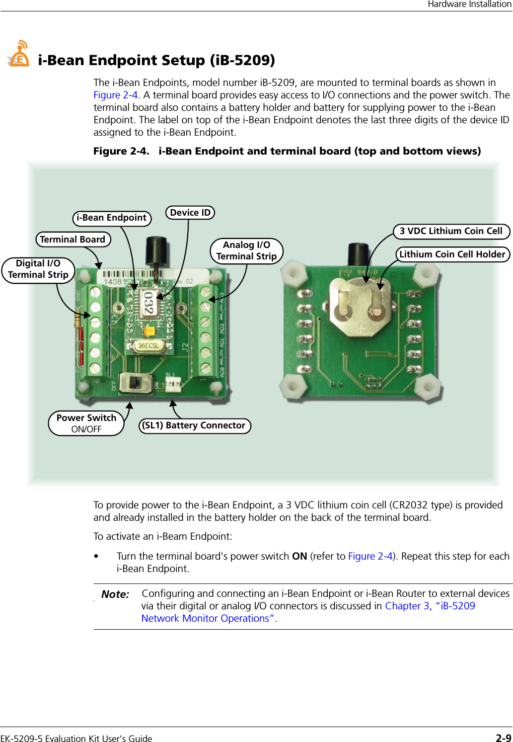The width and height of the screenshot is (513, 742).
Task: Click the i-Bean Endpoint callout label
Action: tap(112, 218)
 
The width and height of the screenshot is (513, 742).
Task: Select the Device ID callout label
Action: tap(190, 213)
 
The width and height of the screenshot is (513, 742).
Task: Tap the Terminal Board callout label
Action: tap(73, 240)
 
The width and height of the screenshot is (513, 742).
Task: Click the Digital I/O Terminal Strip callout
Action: tap(38, 269)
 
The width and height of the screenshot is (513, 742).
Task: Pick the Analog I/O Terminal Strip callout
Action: tap(246, 251)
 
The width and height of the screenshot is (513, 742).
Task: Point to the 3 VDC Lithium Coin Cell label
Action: tap(451, 231)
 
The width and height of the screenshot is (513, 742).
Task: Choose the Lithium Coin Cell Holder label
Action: tap(452, 254)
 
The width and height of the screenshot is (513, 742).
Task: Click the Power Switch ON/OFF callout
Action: tap(86, 423)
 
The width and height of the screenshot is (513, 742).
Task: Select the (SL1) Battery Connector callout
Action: tap(194, 426)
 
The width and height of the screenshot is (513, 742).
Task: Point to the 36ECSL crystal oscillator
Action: tap(148, 345)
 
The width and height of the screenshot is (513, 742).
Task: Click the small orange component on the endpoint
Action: tap(148, 330)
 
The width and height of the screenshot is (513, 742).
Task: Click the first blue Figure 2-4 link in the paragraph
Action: tap(116, 95)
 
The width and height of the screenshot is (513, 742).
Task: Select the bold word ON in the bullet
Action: tap(299, 556)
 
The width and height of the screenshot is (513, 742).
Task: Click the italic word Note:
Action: tap(115, 594)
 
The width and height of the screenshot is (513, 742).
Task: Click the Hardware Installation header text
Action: tap(469, 4)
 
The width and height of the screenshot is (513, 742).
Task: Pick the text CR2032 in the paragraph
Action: tap(410, 505)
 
